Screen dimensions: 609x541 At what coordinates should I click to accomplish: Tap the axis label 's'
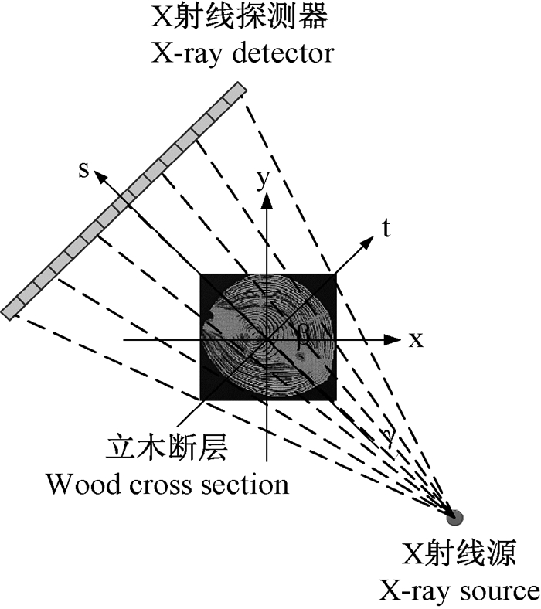(x=83, y=170)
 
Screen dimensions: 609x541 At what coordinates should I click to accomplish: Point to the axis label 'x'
(x=417, y=339)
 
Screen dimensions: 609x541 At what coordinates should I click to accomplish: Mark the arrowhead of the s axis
(x=99, y=176)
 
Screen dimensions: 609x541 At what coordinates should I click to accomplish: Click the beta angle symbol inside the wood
(x=304, y=335)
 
